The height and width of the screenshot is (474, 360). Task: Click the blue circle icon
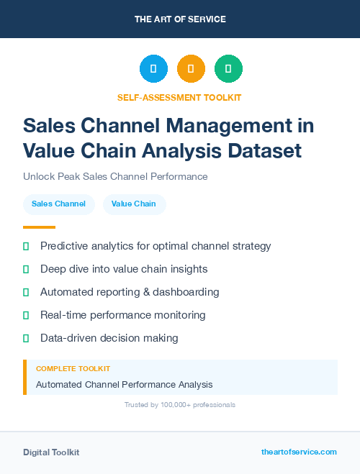click(x=153, y=68)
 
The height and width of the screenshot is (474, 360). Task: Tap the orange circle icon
click(x=191, y=68)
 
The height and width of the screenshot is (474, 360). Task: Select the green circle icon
click(x=228, y=68)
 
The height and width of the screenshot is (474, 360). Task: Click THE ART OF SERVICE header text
click(x=180, y=19)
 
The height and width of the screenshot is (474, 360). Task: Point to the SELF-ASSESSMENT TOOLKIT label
click(x=179, y=97)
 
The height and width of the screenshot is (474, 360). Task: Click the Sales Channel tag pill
click(x=58, y=204)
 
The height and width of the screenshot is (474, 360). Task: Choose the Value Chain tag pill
click(x=134, y=204)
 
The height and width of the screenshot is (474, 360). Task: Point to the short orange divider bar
click(x=39, y=227)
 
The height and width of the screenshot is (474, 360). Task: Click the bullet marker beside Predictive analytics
click(x=26, y=246)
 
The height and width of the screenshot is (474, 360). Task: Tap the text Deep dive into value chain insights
click(x=124, y=269)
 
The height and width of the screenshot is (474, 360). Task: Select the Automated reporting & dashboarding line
click(x=130, y=292)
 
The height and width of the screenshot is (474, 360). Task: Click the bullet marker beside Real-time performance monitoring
click(x=26, y=315)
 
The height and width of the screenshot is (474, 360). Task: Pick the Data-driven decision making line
click(x=109, y=338)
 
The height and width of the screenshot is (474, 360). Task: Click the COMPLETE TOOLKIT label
click(x=73, y=368)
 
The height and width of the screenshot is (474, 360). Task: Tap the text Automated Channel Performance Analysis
click(x=124, y=384)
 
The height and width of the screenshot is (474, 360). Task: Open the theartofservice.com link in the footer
click(x=299, y=452)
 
